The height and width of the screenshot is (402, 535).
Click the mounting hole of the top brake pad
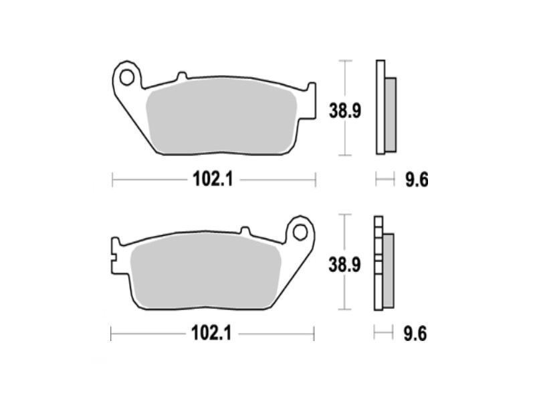(126, 78)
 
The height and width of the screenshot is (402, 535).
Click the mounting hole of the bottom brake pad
(300, 232)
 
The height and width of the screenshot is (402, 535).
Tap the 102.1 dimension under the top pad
(213, 179)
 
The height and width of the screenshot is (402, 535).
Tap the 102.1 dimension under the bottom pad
(211, 333)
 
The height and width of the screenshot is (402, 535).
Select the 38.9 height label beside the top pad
(344, 111)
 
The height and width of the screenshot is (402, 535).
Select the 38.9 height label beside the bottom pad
(344, 265)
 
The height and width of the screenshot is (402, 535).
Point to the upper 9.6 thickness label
(417, 180)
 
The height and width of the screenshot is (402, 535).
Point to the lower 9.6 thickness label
(415, 334)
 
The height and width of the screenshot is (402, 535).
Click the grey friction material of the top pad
(221, 117)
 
